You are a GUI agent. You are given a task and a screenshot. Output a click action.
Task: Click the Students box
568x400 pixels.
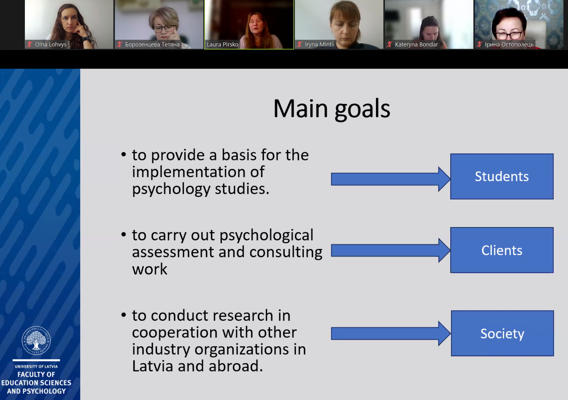(502, 176)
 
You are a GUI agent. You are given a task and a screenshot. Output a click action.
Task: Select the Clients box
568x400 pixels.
(502, 250)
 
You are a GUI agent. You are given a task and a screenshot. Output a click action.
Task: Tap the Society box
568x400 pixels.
(502, 333)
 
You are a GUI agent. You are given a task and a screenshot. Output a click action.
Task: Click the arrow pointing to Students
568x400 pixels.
(391, 179)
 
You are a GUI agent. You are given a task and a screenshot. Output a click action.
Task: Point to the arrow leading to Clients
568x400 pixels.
(391, 250)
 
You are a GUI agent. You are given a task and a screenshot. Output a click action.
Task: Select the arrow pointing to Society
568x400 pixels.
(391, 333)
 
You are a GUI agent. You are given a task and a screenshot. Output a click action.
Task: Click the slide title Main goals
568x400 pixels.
(332, 109)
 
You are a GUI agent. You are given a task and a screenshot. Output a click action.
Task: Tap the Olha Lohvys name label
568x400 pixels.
(51, 45)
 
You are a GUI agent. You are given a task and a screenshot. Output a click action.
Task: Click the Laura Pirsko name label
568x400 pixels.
(222, 45)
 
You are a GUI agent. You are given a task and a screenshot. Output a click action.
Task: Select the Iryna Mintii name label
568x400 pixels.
(319, 45)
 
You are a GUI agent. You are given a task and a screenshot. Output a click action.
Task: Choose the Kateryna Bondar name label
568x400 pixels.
(416, 45)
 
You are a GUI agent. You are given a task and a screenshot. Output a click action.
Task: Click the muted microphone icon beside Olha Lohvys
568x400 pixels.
(30, 45)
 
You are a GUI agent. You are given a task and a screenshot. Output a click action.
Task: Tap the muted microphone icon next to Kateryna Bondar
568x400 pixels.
(390, 45)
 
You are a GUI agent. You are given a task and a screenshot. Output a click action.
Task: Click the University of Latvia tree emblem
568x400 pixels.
(36, 340)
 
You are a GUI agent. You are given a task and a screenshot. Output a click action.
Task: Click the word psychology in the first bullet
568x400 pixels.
(171, 189)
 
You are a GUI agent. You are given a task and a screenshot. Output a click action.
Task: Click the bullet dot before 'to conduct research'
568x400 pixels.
(124, 315)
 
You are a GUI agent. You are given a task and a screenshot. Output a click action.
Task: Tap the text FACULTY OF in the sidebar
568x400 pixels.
(36, 375)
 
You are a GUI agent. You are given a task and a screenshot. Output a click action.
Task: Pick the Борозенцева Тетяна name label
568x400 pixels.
(152, 45)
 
